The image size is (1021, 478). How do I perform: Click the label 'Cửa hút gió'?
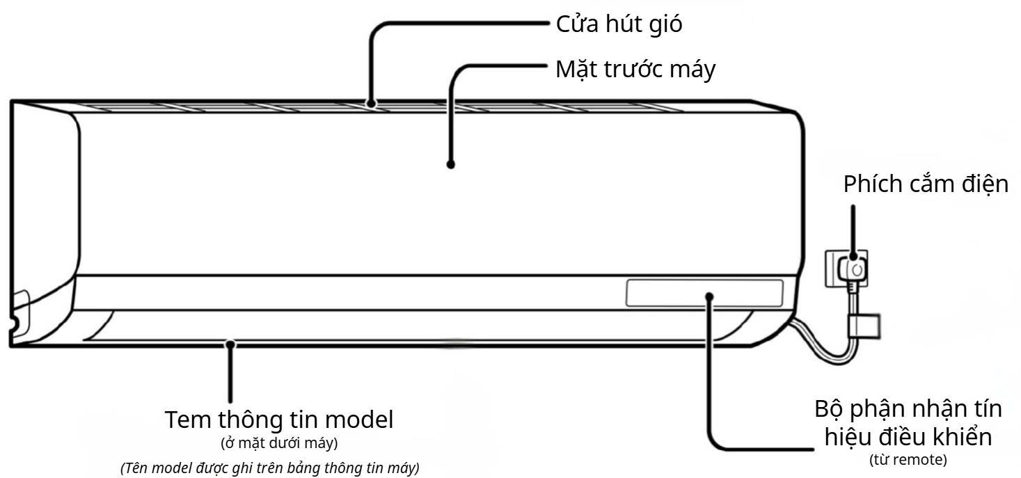619,25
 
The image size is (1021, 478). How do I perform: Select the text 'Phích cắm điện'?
926,184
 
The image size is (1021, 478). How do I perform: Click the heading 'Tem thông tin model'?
279,420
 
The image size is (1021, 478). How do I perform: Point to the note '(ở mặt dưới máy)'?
279,443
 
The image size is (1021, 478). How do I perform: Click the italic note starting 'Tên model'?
270,467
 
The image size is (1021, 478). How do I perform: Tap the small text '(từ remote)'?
908,459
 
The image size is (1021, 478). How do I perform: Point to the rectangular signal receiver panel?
704,293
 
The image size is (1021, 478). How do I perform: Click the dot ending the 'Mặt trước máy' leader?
450,165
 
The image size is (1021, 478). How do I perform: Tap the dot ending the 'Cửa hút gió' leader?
373,105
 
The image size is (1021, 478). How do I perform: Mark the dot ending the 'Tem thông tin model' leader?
230,342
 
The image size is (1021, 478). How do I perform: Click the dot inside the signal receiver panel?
709,296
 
